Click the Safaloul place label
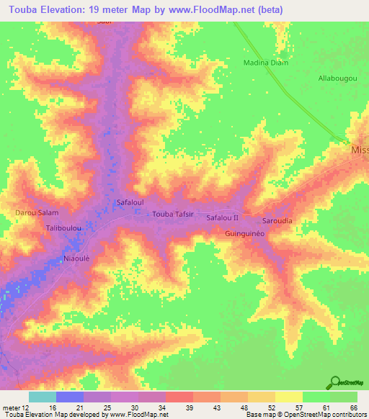pos(130,204)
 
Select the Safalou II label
pos(222,217)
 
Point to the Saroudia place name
pos(277,221)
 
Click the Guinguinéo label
pos(246,234)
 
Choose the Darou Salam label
pos(37,213)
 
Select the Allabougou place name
pos(337,77)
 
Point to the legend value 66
pos(353,407)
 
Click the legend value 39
pos(190,407)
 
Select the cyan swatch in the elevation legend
pos(42,397)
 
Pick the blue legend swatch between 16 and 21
pos(69,397)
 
